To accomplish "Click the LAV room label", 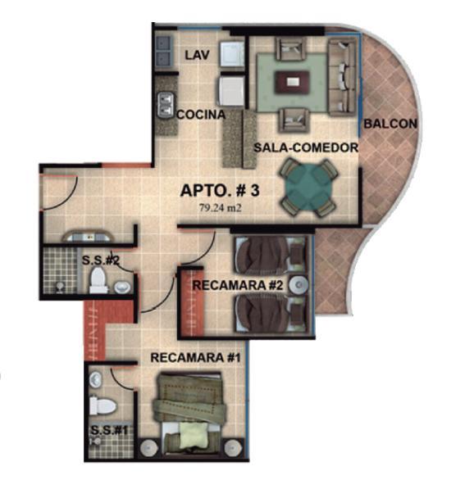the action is pos(198,55).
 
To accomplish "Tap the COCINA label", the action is pos(201,115).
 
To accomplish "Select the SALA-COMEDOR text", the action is pos(306,147).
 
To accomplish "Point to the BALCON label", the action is pos(390,124).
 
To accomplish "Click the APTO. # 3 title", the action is pos(220,190).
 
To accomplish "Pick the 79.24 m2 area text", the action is pos(221,208).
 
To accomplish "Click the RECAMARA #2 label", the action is pos(238,285).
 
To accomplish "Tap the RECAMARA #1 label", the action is pos(195,358).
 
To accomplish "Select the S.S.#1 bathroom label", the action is pos(109,430).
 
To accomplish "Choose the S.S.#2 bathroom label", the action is pos(101,260).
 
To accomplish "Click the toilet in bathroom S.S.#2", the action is pos(98,279).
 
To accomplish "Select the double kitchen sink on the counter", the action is pos(166,105).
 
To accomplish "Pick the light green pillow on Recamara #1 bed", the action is pos(193,434).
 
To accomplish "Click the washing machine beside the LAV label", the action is pos(232,55).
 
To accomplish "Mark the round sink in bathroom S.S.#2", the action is pos(123,288).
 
